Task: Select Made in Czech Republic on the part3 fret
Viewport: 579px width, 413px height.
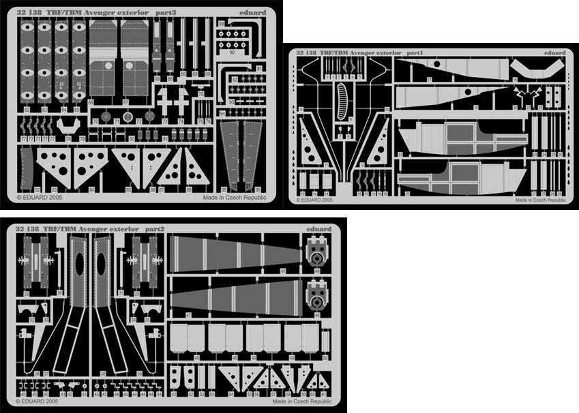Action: (x=234, y=197)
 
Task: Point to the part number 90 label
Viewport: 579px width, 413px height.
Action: (x=232, y=52)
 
